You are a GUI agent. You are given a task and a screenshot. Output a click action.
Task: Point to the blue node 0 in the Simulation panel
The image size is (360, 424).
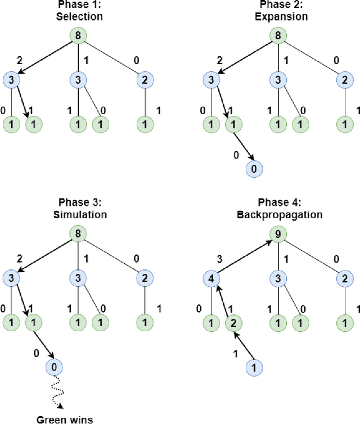(54, 367)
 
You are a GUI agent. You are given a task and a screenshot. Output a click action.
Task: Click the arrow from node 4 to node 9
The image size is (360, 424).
(242, 255)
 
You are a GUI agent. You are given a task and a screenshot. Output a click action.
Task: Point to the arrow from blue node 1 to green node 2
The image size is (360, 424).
(242, 345)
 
